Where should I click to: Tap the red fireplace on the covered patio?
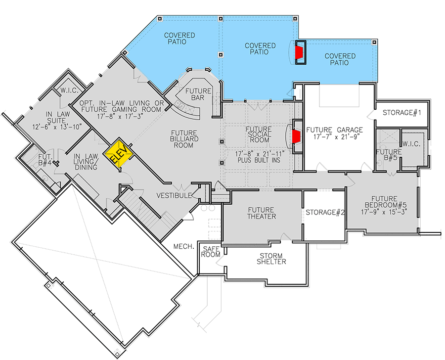click(299, 53)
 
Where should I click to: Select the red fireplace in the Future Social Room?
click(296, 136)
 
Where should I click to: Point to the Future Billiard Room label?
click(184, 140)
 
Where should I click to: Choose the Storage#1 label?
click(401, 113)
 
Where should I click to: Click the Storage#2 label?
click(324, 213)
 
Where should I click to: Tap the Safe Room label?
click(210, 252)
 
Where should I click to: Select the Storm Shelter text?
click(271, 259)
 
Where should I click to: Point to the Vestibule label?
click(175, 196)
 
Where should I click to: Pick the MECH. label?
click(182, 246)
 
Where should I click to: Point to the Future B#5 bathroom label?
click(388, 156)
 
